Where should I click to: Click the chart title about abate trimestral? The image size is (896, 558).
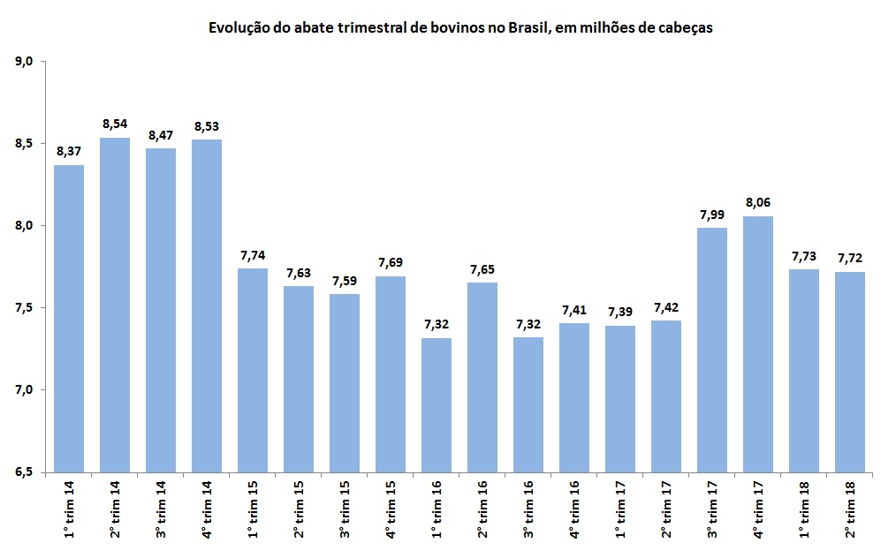coord(460,27)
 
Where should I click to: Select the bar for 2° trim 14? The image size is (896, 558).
coord(115,305)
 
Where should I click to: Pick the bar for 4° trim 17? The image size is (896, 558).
coord(758,344)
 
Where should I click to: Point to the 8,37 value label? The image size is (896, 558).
coord(69,151)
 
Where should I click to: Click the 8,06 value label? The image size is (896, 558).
coord(758,202)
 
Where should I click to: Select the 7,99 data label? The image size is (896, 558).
coord(712,214)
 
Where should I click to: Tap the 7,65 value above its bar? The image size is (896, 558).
coord(482,268)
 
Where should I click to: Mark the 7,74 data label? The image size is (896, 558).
coord(253,254)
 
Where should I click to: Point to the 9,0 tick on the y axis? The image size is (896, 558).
coord(24,62)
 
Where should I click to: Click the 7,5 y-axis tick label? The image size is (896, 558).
coord(24,308)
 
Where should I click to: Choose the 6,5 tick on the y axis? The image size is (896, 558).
coord(24,472)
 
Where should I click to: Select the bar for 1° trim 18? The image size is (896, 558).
coord(804,371)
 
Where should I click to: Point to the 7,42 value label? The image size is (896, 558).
coord(666,306)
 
